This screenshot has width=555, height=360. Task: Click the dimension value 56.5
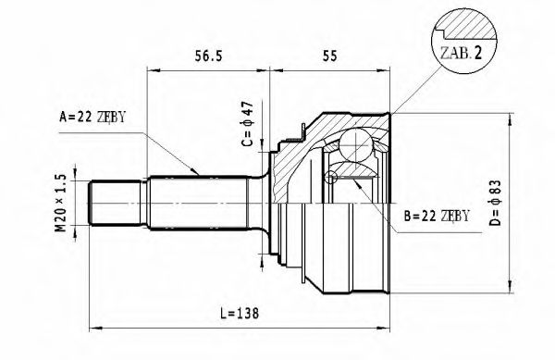pos(208,56)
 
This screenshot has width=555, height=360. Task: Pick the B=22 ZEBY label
pos(437,217)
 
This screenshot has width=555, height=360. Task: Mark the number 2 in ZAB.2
pos(477,53)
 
